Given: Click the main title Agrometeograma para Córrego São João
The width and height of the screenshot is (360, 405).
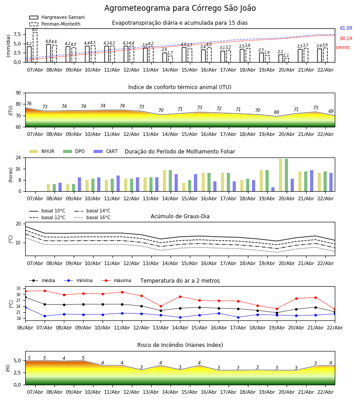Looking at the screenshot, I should (x=180, y=9).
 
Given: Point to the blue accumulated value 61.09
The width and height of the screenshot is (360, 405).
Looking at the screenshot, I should (x=346, y=28).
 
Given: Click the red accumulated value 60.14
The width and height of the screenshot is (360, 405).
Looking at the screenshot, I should (x=346, y=39).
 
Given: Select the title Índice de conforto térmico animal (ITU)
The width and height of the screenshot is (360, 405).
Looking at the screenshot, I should (x=180, y=87).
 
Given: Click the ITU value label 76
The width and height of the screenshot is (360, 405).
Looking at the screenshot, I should (x=29, y=104).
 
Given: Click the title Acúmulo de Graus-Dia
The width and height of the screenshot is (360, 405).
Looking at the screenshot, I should (x=180, y=216).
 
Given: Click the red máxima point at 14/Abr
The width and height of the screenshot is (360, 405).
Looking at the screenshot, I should (x=180, y=297).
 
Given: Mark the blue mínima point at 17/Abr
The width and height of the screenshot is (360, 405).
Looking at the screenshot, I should (x=238, y=317).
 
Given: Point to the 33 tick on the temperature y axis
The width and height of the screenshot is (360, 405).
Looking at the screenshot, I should (x=18, y=288).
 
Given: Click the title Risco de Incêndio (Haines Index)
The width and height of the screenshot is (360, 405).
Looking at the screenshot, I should (x=180, y=345).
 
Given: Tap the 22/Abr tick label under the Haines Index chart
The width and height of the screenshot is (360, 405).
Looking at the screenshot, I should (x=325, y=392).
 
